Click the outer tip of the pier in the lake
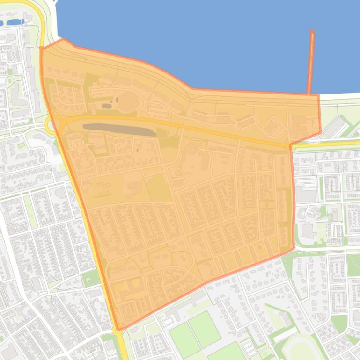[312, 32]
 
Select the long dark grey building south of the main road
[119, 129]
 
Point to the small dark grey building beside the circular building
[107, 106]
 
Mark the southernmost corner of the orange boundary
[117, 330]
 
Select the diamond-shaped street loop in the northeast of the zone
[274, 125]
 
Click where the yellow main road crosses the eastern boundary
[290, 145]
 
